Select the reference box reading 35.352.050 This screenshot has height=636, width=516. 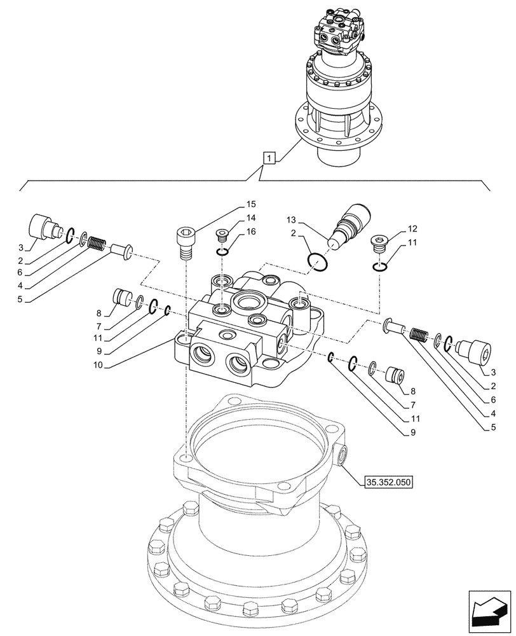click(389, 483)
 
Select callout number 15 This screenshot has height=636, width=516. click(250, 204)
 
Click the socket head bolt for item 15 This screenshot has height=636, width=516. click(185, 243)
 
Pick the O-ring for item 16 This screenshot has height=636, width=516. click(222, 253)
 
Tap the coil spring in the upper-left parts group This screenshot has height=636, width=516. click(95, 244)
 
